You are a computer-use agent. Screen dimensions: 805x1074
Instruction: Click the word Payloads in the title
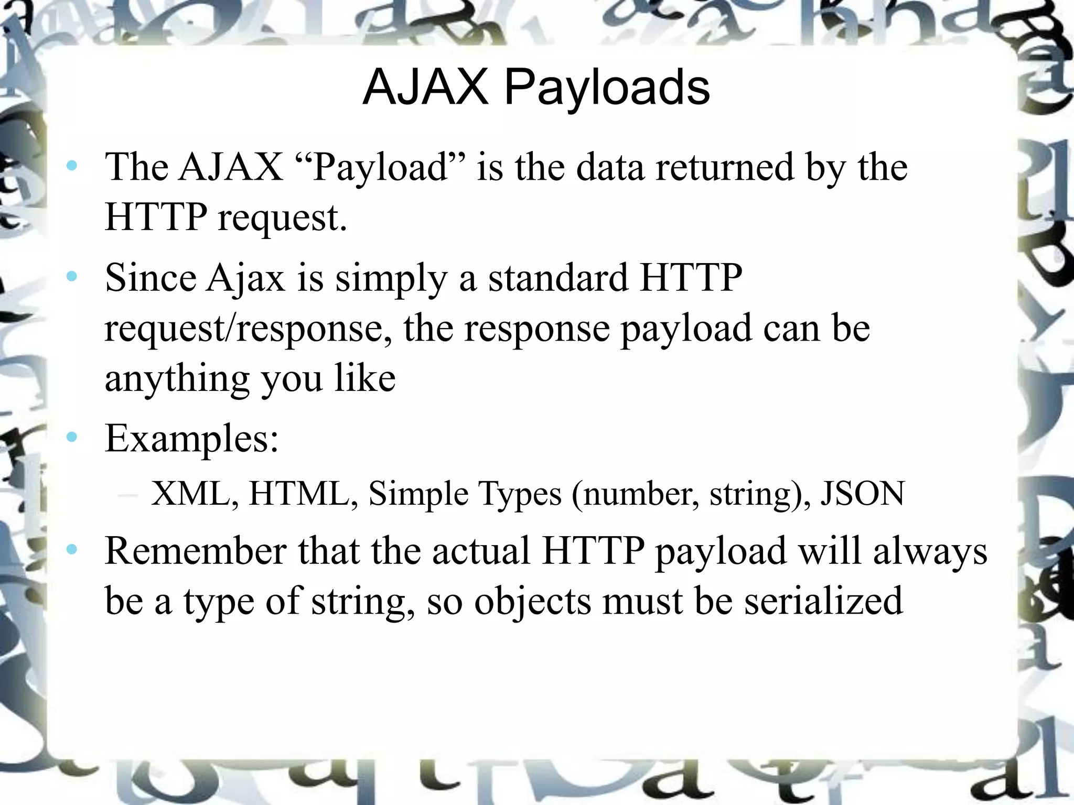click(x=607, y=89)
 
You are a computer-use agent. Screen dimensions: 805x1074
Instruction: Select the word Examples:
click(x=191, y=439)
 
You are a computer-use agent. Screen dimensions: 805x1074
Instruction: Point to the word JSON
click(x=863, y=493)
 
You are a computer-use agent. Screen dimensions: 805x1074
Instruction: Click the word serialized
click(x=824, y=601)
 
